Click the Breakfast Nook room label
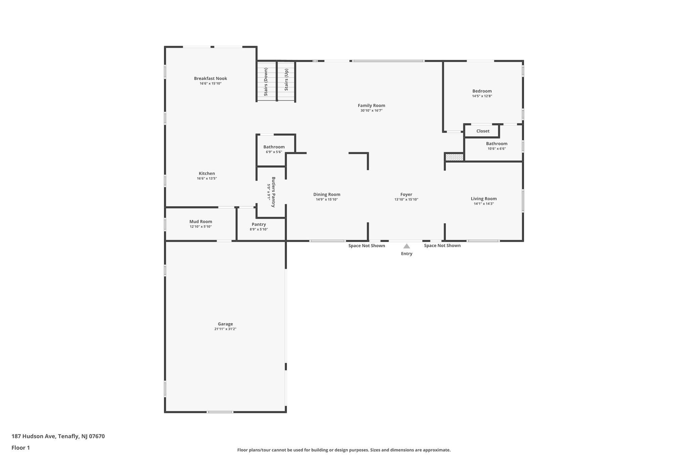pos(210,78)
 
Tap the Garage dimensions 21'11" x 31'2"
pos(225,329)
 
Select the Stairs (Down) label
pos(266,82)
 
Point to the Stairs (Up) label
pos(286,80)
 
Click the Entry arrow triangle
pos(406,246)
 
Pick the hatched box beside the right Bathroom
pos(454,157)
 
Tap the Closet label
pos(483,131)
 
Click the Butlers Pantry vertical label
pos(273,192)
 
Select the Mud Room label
pos(201,222)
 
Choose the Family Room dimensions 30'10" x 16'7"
pos(371,110)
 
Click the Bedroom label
pos(482,91)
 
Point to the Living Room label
pos(483,199)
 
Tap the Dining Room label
pos(327,194)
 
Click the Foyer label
pos(406,194)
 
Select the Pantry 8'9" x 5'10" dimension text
pos(258,229)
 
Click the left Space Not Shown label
pos(367,245)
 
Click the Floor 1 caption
pos(20,448)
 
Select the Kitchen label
pos(207,174)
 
